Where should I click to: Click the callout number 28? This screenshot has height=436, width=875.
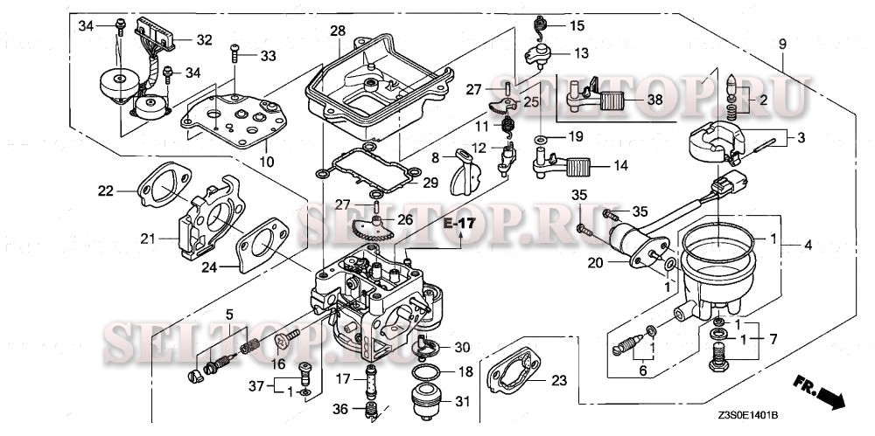click(x=338, y=31)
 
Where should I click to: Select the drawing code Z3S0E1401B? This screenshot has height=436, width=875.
click(x=748, y=417)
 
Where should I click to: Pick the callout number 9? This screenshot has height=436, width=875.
click(x=781, y=42)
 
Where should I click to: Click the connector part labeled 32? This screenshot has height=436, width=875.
click(x=165, y=35)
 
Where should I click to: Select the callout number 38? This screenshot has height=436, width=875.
click(x=654, y=100)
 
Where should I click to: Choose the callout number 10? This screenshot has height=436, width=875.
click(x=268, y=163)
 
